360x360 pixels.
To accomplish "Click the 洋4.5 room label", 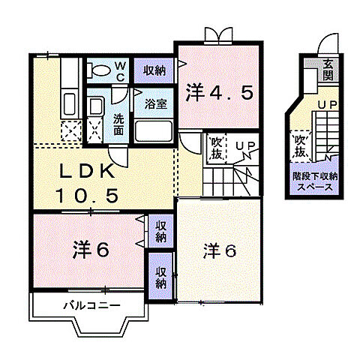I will (219, 93).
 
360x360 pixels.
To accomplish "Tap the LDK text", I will (88, 172).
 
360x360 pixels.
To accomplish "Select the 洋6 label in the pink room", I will (91, 249).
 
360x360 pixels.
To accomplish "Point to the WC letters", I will (119, 70).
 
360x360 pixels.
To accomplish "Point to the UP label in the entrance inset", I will (325, 106).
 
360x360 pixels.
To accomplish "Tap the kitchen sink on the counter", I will (68, 103).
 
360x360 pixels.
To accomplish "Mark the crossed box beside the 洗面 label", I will (96, 130).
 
